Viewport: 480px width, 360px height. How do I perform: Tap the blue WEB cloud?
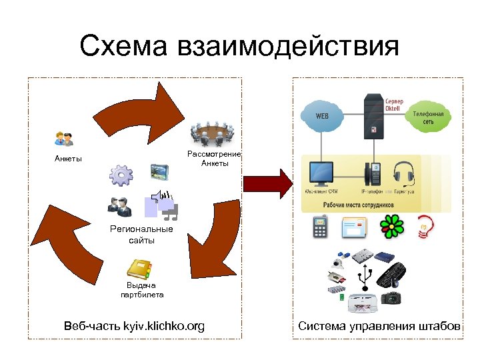[x=322, y=116]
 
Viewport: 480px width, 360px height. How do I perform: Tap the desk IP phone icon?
[x=371, y=173]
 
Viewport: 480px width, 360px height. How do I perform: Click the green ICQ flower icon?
[x=391, y=227]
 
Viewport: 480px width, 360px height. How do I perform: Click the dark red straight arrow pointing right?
[x=267, y=183]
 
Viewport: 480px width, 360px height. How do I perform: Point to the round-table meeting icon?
[x=212, y=133]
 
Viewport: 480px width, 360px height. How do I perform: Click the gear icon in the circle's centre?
[x=122, y=175]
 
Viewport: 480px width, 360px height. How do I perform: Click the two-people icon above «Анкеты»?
[x=64, y=139]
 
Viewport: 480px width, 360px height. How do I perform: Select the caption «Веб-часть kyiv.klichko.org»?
[x=134, y=326]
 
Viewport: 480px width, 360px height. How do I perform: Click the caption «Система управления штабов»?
[x=379, y=326]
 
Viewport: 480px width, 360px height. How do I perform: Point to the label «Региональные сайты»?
[x=141, y=235]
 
